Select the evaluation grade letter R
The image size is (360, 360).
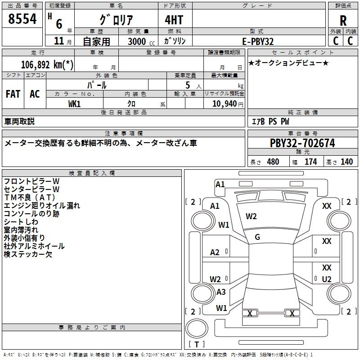pyautogui.click(x=343, y=21)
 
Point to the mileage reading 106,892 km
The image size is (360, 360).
pyautogui.click(x=47, y=64)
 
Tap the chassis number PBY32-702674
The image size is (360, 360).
pyautogui.click(x=302, y=143)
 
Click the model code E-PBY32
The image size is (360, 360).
pyautogui.click(x=258, y=41)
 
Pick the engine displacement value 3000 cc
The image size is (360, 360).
pyautogui.click(x=136, y=41)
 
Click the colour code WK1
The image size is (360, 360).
pyautogui.click(x=75, y=104)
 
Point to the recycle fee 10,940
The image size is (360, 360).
pyautogui.click(x=224, y=104)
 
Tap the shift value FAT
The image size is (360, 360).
pyautogui.click(x=13, y=94)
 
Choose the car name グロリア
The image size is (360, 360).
pyautogui.click(x=116, y=21)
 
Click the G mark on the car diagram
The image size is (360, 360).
pyautogui.click(x=257, y=237)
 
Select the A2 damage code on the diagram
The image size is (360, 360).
pyautogui.click(x=215, y=252)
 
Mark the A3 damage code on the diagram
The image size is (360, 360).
pyautogui.click(x=221, y=292)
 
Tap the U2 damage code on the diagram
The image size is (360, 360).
pyautogui.click(x=327, y=279)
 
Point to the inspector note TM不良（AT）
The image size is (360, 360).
pyautogui.click(x=29, y=198)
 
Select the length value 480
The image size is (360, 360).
pyautogui.click(x=273, y=162)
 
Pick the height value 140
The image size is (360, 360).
pyautogui.click(x=346, y=162)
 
